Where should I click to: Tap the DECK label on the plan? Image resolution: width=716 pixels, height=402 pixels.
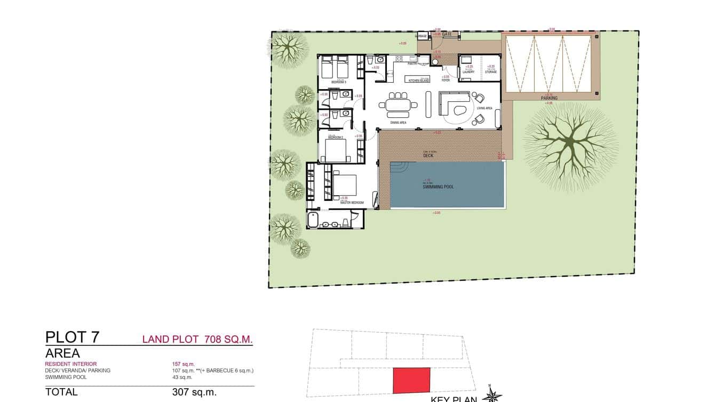[428, 156]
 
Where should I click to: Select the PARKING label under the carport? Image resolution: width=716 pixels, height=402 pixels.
[549, 98]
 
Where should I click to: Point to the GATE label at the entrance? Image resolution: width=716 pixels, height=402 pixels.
[447, 35]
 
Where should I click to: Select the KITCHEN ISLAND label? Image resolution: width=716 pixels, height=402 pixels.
[419, 81]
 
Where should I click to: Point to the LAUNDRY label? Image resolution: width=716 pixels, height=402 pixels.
[468, 72]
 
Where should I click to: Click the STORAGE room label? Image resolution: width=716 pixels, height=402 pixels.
[491, 72]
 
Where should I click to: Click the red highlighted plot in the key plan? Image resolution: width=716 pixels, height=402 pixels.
[411, 381]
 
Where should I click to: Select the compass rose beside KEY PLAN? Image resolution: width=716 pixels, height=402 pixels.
[492, 396]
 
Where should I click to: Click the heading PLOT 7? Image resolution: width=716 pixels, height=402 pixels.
[72, 337]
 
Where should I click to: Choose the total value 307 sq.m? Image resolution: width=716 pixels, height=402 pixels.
[194, 392]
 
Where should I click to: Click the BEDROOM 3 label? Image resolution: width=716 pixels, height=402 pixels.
[339, 83]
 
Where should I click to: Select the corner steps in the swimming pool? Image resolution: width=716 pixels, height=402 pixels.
[397, 169]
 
